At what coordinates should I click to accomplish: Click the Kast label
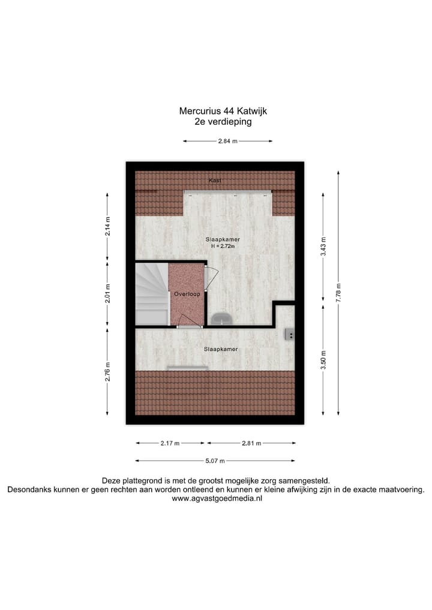coord(214,180)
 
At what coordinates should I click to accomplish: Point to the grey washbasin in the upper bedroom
coord(221,318)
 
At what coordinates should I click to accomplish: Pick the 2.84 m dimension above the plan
coord(227,142)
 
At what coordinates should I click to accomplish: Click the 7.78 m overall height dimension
coord(338,293)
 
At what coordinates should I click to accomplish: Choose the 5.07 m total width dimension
coord(214,461)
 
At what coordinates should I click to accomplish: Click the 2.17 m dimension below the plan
coord(170,443)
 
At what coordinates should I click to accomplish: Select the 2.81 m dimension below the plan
coord(251,443)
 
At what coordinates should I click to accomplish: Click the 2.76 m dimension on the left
coord(107,371)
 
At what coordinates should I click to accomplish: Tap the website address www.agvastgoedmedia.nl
coord(216,498)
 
